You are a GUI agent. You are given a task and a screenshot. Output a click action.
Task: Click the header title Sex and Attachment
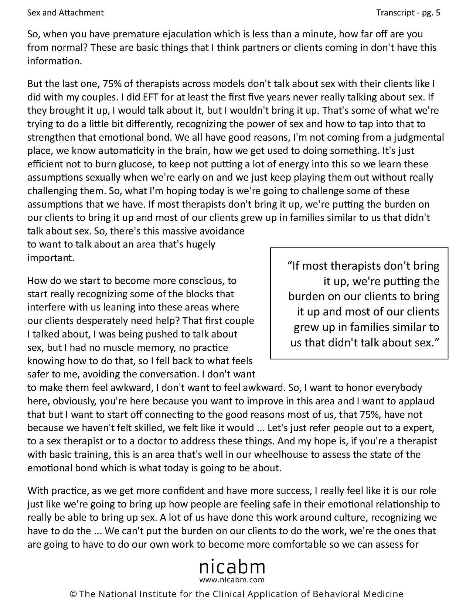[x=65, y=13]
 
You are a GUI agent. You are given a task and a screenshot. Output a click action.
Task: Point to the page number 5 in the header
[x=438, y=13]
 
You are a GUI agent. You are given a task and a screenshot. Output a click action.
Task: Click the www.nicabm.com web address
[x=232, y=579]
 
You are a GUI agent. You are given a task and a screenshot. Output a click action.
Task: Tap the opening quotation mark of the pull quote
[x=289, y=266]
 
